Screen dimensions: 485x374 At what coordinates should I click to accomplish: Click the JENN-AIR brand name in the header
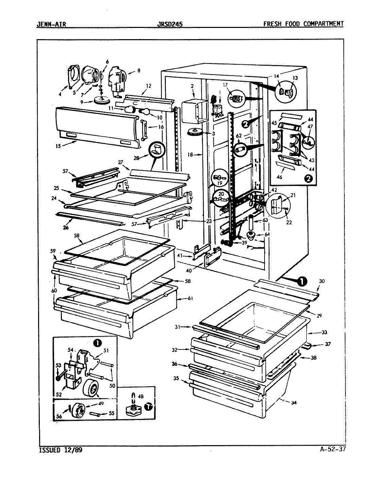click(x=51, y=24)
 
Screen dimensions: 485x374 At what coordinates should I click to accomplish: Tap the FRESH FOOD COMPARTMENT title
click(x=303, y=24)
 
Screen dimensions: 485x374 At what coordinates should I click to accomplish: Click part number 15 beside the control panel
click(x=58, y=146)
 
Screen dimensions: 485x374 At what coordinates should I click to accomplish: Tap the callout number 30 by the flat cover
click(x=322, y=281)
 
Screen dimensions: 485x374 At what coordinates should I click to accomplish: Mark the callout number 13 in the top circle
click(x=295, y=78)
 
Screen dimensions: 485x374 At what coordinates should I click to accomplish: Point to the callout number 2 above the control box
click(x=192, y=87)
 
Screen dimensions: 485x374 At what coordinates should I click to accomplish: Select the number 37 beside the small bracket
click(x=327, y=344)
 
